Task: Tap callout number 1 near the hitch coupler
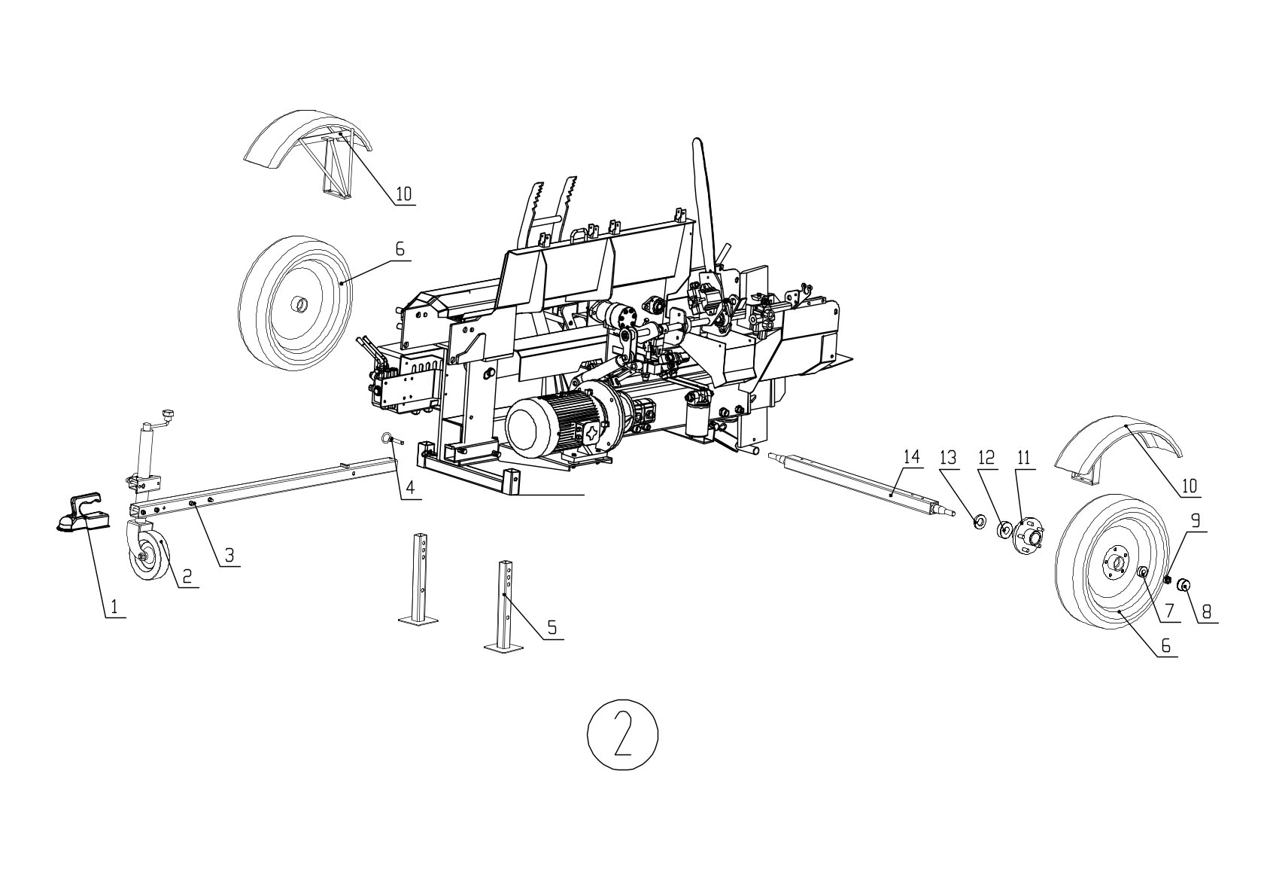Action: click(114, 608)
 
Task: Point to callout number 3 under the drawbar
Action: click(229, 555)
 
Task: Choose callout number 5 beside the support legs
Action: click(551, 627)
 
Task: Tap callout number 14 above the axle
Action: click(911, 457)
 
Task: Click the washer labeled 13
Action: click(977, 520)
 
